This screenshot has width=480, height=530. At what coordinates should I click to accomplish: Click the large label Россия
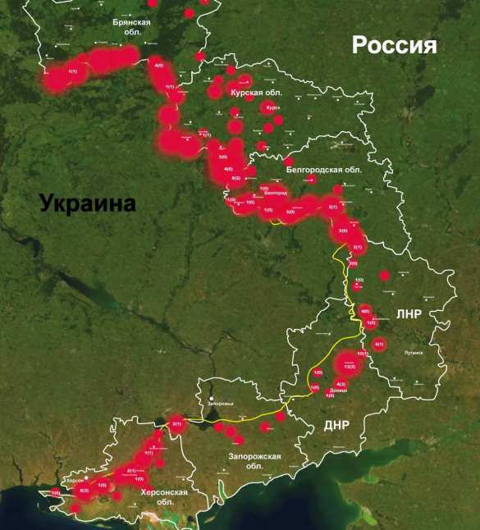(x=395, y=45)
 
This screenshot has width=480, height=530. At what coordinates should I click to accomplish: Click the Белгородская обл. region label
(x=325, y=170)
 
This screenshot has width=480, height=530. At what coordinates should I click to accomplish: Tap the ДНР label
(x=337, y=424)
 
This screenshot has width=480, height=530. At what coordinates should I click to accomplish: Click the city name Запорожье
(x=220, y=404)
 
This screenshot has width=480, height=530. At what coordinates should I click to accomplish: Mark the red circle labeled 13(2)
(x=348, y=367)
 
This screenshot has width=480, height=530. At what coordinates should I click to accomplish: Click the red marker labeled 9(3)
(x=83, y=491)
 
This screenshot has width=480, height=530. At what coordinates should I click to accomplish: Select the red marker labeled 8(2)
(x=236, y=177)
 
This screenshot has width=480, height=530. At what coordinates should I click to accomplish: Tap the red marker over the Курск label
(x=273, y=107)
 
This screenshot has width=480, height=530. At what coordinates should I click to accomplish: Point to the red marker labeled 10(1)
(x=361, y=354)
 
